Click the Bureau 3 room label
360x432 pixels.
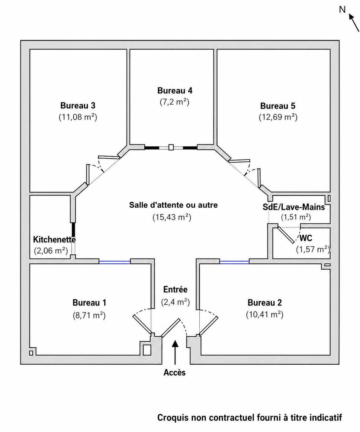click(78, 105)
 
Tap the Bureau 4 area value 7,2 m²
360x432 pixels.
click(174, 102)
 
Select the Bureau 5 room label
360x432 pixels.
click(278, 106)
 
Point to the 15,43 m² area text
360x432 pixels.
click(172, 217)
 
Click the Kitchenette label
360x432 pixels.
click(54, 239)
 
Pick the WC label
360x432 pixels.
click(306, 238)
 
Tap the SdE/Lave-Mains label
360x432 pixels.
click(294, 207)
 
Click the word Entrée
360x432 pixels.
click(175, 289)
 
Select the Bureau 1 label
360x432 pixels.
click(89, 302)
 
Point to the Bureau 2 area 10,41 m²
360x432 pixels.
click(265, 315)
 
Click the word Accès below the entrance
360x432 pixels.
click(174, 373)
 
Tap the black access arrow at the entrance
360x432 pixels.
click(175, 352)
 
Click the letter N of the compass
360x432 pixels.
click(342, 9)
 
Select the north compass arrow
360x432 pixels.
click(354, 23)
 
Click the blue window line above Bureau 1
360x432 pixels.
click(114, 262)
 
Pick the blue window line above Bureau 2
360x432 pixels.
click(234, 262)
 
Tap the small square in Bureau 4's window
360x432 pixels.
click(171, 147)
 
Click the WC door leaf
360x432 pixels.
click(286, 235)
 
